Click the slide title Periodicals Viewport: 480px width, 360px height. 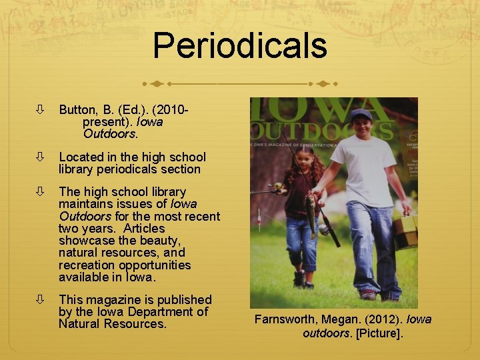[x=240, y=45]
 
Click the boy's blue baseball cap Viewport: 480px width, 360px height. [x=361, y=114]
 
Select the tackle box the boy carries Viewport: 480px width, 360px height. [x=405, y=230]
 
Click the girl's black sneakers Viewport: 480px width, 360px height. [x=301, y=279]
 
